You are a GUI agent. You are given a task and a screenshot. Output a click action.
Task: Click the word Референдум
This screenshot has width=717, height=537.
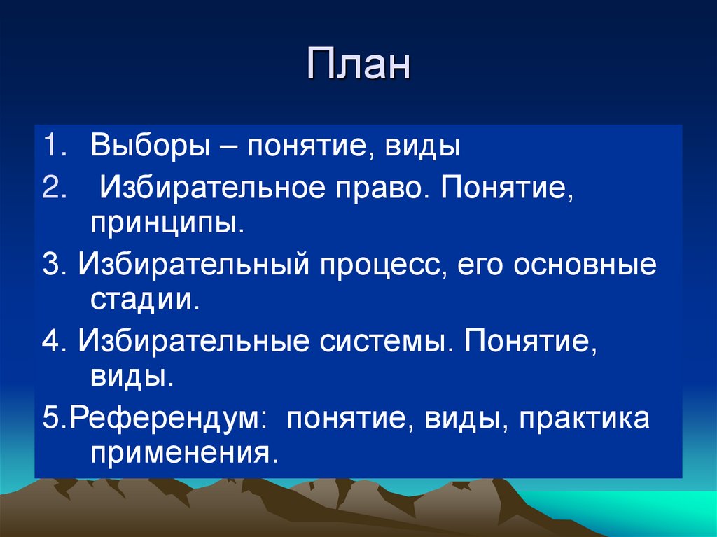click(169, 420)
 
